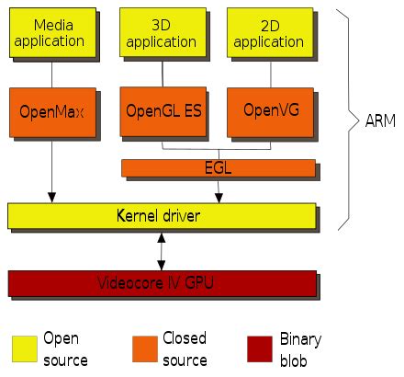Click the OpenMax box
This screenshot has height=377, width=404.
click(x=52, y=112)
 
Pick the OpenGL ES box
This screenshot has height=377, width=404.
click(x=163, y=112)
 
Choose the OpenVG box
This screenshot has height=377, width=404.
click(x=268, y=112)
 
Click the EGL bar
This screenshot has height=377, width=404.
click(x=217, y=167)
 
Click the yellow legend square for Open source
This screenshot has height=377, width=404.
click(x=25, y=348)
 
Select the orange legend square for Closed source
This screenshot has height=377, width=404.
click(x=144, y=348)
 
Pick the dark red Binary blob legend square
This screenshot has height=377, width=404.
click(x=262, y=348)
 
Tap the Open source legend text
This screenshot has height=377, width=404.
click(x=66, y=348)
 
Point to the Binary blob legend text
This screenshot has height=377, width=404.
click(x=300, y=348)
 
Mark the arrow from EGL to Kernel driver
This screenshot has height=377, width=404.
click(x=217, y=190)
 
